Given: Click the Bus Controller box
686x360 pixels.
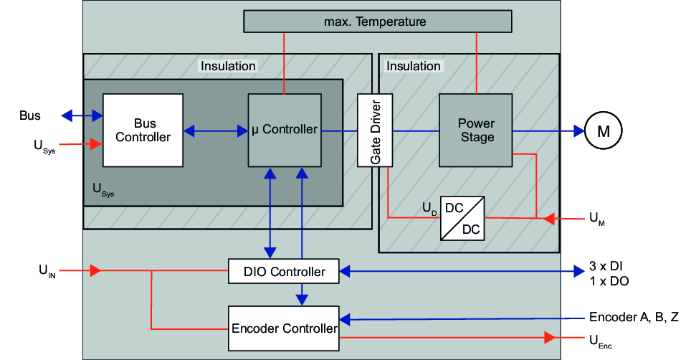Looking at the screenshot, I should pyautogui.click(x=143, y=130).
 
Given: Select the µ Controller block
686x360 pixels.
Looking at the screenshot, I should pyautogui.click(x=285, y=130).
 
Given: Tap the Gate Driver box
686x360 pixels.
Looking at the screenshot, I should pyautogui.click(x=376, y=130).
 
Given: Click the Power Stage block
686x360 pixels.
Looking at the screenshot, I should pyautogui.click(x=476, y=130).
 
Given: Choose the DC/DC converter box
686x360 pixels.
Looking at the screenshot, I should pyautogui.click(x=462, y=218).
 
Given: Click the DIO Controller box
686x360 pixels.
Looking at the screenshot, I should pyautogui.click(x=284, y=272).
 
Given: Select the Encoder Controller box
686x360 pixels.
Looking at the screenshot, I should pyautogui.click(x=284, y=328).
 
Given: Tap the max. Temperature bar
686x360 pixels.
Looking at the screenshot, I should pyautogui.click(x=378, y=22).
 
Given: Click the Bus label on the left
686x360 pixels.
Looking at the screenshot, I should pyautogui.click(x=30, y=115).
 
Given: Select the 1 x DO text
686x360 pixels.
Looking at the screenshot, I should pyautogui.click(x=609, y=282).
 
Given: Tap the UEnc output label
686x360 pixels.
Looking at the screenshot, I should pyautogui.click(x=600, y=339).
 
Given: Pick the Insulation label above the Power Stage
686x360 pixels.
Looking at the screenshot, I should pyautogui.click(x=414, y=66).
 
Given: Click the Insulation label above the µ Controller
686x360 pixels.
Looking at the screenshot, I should pyautogui.click(x=228, y=66).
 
